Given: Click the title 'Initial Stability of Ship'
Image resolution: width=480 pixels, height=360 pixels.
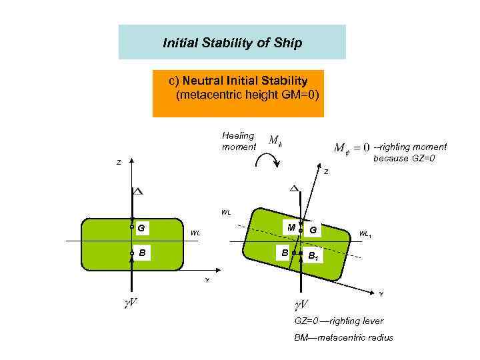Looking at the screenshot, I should point(232,43).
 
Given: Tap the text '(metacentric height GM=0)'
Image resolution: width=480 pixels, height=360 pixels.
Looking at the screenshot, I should point(247,95).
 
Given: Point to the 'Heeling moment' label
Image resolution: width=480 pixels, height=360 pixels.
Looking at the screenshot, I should point(239,141).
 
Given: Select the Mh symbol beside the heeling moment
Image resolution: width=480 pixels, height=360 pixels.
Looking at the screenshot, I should point(275,141).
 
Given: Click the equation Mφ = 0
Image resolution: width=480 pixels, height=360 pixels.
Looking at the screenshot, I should point(351,147).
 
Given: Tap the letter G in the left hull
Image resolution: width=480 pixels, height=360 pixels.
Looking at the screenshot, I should point(141,228).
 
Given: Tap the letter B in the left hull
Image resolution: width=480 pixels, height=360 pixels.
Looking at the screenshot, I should point(143,253).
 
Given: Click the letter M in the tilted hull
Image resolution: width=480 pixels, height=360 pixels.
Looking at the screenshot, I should point(291,228).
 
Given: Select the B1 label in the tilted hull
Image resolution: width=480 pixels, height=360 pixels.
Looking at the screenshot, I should point(313,256).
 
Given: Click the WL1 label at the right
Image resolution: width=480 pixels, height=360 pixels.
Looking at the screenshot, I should point(366,234).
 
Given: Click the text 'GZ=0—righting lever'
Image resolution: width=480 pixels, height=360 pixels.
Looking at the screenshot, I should point(339,321).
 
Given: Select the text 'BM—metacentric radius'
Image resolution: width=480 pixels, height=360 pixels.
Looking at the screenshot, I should point(343,337).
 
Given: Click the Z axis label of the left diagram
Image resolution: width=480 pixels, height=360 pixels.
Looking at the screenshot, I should point(119,163).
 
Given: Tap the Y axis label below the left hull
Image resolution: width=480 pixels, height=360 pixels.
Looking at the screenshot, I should point(207,281).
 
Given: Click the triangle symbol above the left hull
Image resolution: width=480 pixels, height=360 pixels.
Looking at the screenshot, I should point(137,191).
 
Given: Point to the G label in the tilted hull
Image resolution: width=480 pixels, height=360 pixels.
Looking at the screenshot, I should point(313,230).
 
